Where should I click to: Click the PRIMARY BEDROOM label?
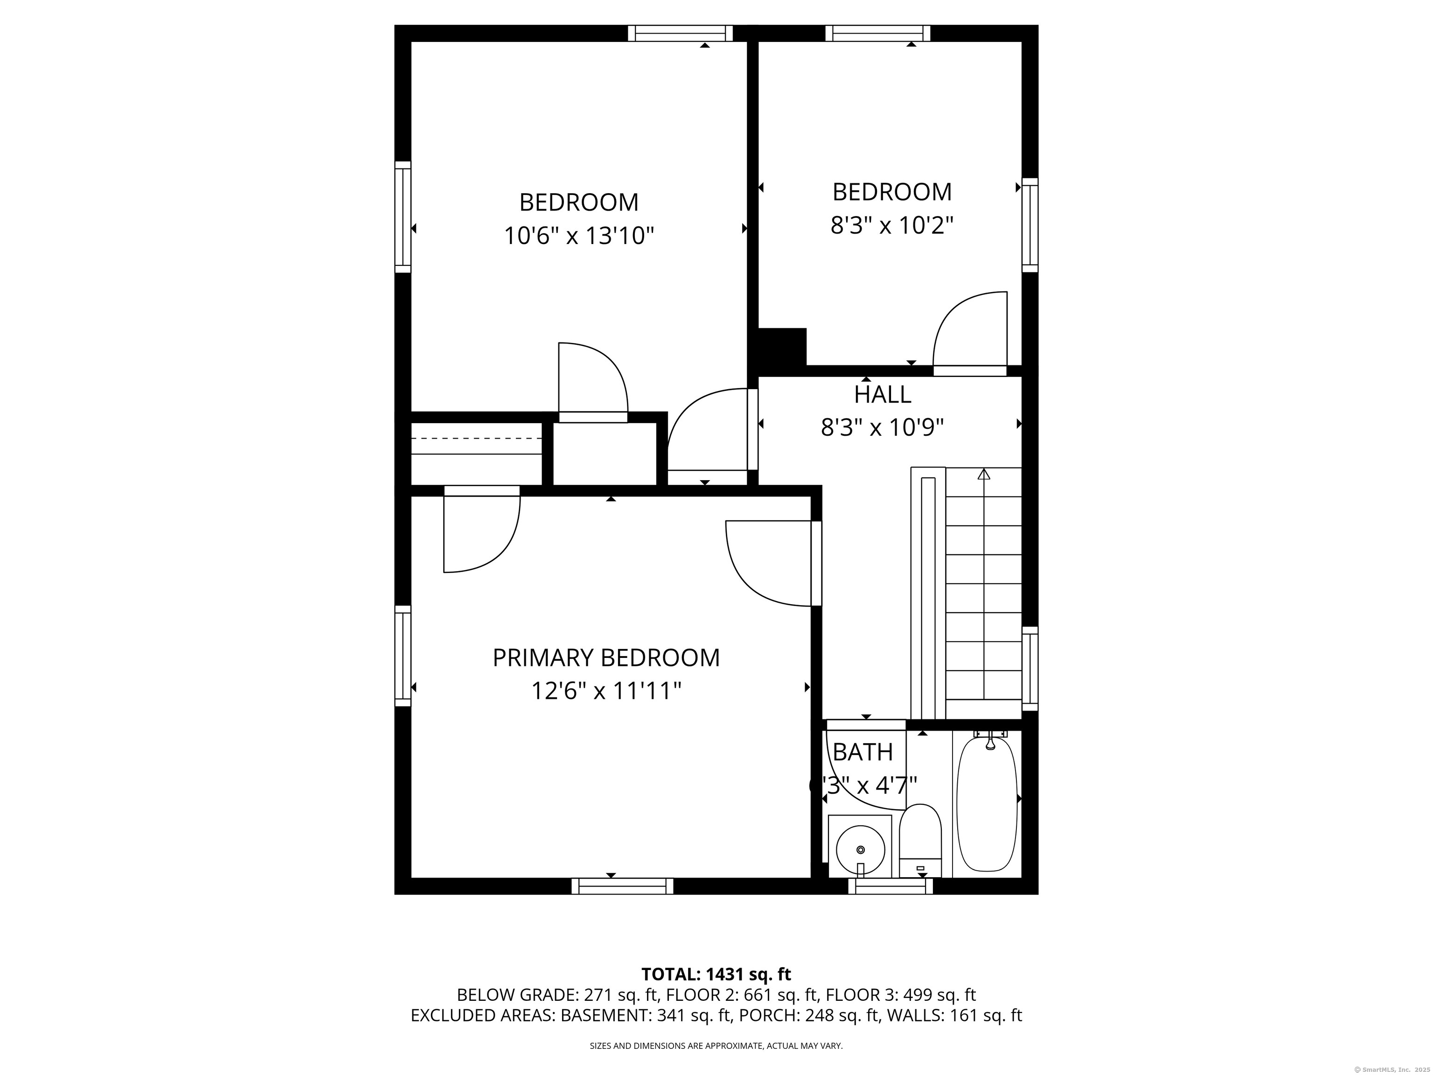coord(606,658)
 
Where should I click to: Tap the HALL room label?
coord(883,394)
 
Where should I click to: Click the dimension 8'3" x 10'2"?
coord(892,225)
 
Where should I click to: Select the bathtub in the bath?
coord(987,804)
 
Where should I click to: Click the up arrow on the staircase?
coord(984,474)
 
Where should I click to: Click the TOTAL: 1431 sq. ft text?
coord(716,974)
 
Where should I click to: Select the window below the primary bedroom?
coord(622,886)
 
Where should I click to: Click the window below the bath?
coord(891,886)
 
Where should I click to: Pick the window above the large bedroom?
coord(680,33)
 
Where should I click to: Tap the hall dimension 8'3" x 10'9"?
coord(883,428)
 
